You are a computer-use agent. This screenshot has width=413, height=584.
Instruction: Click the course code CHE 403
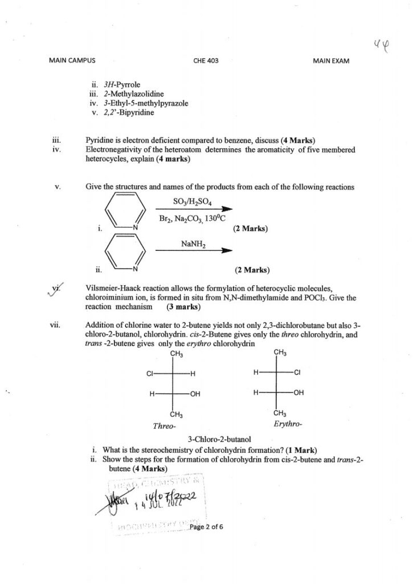point(206,60)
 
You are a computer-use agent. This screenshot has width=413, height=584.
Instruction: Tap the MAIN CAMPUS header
point(72,60)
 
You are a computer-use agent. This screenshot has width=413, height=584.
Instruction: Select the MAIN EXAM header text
point(331,60)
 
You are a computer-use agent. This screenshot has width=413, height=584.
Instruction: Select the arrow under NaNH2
point(194,250)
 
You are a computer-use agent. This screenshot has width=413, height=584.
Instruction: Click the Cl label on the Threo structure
point(150,374)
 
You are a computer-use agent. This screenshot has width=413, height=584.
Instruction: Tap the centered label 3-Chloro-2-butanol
point(219,439)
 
